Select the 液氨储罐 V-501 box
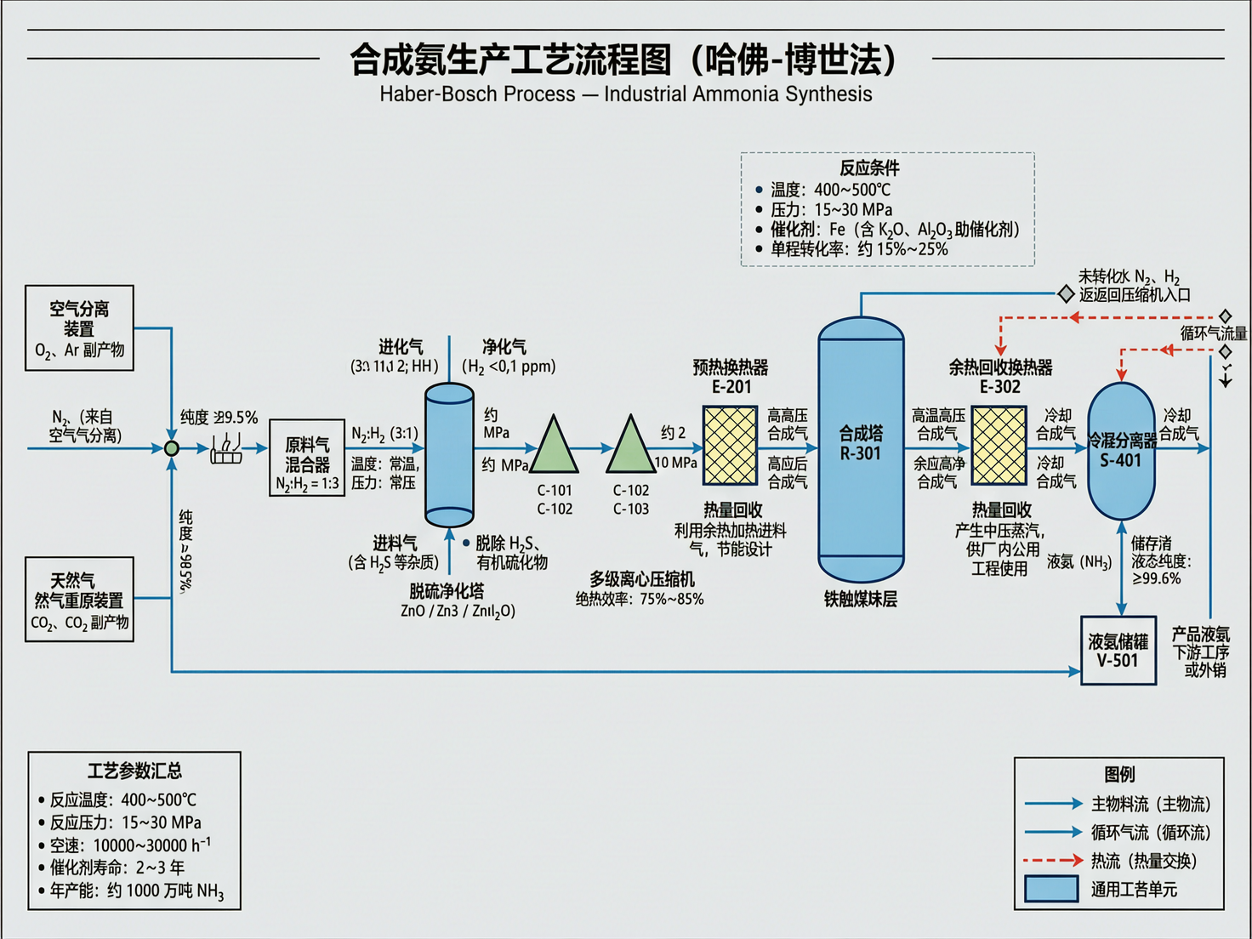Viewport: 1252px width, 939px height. pos(1118,651)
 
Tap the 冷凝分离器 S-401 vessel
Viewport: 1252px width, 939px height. pos(1121,451)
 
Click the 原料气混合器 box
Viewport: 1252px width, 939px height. pos(307,458)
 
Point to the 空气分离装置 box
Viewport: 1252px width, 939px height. pos(79,328)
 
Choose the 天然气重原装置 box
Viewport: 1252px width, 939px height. pos(79,600)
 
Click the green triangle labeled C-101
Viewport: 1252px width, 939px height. pos(554,447)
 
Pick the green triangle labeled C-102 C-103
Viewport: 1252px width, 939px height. pos(630,447)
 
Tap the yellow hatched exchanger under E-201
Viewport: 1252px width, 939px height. pos(730,446)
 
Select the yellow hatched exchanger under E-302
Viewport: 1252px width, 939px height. pos(999,446)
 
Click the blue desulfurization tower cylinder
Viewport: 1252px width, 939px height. pos(449,455)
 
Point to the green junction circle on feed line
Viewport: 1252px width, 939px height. pos(172,448)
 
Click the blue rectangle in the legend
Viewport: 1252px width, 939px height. pos(1051,889)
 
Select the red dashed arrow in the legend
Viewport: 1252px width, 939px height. pos(1052,861)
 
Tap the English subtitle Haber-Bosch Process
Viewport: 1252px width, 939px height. pos(625,94)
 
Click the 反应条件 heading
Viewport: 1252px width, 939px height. pos(869,168)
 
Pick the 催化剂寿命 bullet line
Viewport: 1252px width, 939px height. pos(117,868)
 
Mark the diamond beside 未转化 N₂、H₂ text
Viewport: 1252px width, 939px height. pos(1066,294)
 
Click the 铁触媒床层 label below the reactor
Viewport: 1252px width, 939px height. pos(860,599)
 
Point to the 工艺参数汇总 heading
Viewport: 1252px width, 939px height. pos(134,771)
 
